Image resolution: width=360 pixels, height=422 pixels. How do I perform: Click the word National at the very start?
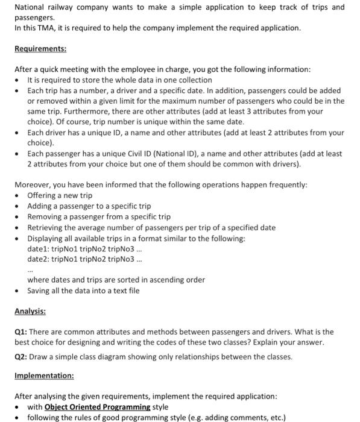click(30, 7)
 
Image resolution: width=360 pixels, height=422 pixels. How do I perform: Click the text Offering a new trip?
click(60, 195)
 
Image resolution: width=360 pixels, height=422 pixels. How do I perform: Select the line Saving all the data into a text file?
click(83, 290)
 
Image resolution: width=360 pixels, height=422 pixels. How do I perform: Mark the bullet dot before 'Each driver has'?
click(19, 133)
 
